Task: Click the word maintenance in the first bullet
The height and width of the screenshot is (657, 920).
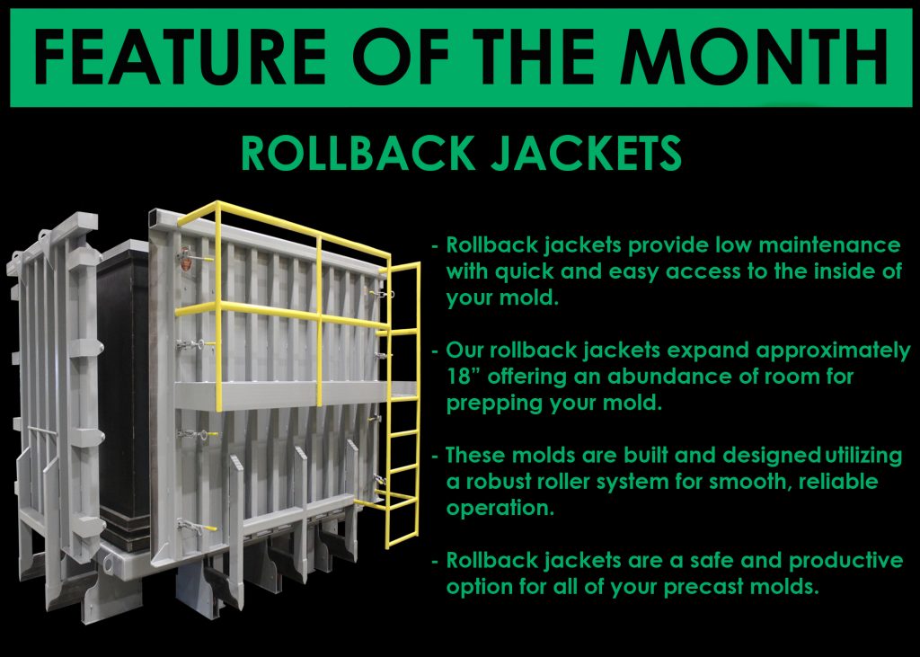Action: (x=829, y=244)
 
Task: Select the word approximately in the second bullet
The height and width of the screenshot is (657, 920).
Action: (x=833, y=351)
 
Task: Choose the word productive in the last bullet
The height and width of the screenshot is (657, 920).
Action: (x=845, y=561)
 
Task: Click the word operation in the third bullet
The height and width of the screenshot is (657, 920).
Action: (x=500, y=508)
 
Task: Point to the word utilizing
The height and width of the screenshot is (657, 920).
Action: (x=863, y=456)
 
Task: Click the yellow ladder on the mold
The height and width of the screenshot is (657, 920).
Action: (x=402, y=405)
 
